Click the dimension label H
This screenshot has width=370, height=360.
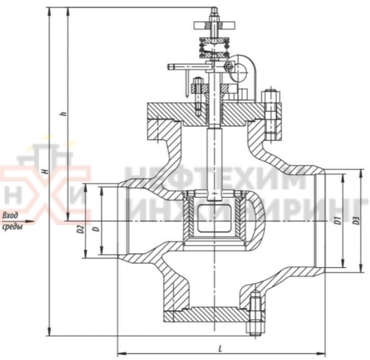(x=46, y=171)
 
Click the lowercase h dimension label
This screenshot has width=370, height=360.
(x=64, y=113)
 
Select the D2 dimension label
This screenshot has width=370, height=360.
(x=79, y=227)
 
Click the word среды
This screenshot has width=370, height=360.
(x=12, y=227)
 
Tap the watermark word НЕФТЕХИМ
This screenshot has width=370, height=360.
(x=215, y=181)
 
